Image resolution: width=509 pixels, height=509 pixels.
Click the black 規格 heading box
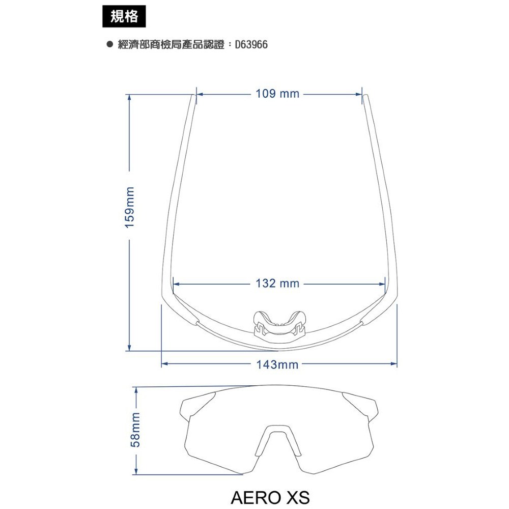click(x=124, y=16)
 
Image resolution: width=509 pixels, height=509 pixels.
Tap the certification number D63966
click(x=251, y=44)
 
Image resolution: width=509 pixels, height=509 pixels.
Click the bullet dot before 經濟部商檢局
click(x=110, y=44)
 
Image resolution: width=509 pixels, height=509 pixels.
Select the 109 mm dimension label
click(x=277, y=94)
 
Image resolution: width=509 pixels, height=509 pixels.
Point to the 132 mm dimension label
click(x=277, y=284)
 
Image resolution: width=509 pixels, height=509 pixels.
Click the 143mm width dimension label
click(x=277, y=365)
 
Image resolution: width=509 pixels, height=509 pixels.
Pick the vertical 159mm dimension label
click(x=130, y=208)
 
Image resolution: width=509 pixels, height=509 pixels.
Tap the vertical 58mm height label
click(x=135, y=430)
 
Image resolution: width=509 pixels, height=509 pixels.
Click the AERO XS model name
click(x=270, y=497)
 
